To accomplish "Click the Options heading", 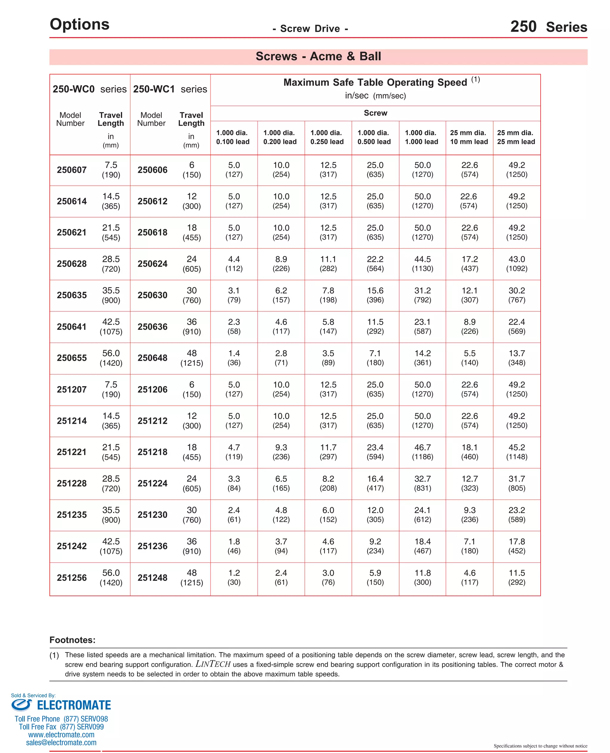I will click(80, 24).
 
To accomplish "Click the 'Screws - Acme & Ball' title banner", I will click(318, 57).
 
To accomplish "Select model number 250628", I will click(72, 264).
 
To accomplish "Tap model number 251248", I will click(152, 577).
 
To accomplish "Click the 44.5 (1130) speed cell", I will click(422, 264).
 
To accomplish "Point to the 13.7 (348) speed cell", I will click(516, 358).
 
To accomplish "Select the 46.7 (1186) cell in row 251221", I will click(422, 452).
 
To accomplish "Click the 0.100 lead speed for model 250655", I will click(234, 358).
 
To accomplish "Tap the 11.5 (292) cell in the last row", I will click(516, 577).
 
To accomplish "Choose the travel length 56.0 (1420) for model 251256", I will click(111, 577).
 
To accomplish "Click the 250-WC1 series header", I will click(170, 89).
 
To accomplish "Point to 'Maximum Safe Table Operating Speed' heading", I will click(375, 82).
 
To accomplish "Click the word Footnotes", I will click(72, 640).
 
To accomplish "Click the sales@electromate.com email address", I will click(61, 743).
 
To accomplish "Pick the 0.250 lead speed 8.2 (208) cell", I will click(328, 483).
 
